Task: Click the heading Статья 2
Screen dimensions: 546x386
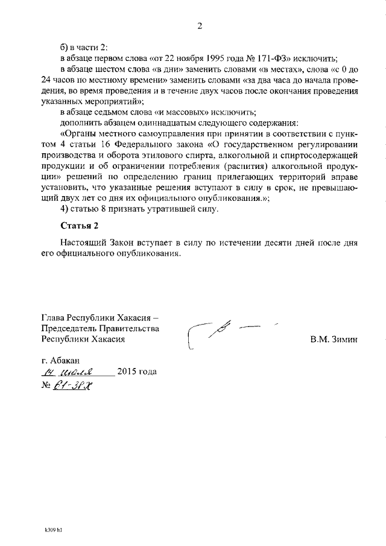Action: [x=79, y=226]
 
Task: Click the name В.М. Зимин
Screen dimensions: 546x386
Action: [x=334, y=339]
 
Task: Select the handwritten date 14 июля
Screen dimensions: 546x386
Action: [x=74, y=372]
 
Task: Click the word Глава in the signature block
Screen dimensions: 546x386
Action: [x=53, y=317]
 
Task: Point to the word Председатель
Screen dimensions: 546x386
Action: [x=69, y=328]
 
